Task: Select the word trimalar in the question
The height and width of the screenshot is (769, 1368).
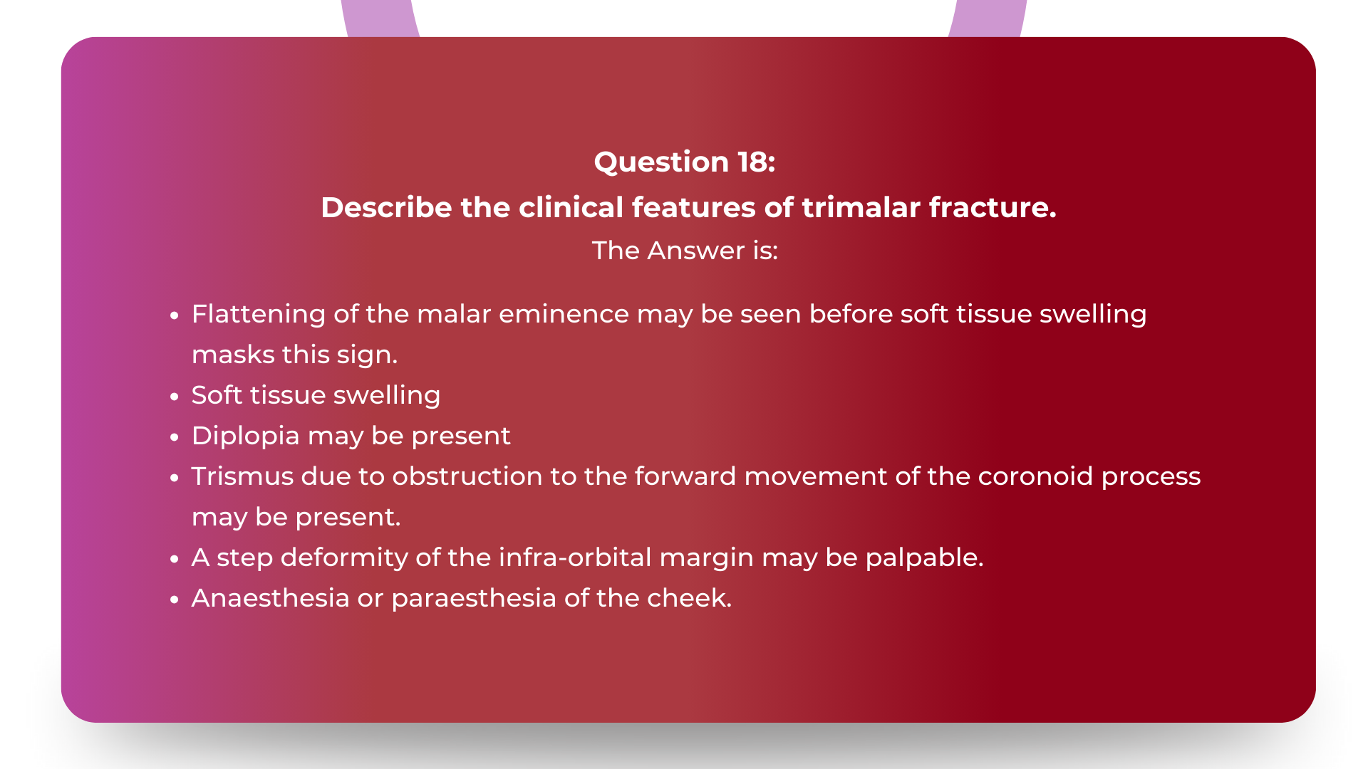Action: pos(860,208)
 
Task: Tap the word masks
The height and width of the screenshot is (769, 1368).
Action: pos(232,355)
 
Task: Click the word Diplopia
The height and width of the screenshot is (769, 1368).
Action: pos(245,436)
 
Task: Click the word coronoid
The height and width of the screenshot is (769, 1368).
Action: pos(1035,476)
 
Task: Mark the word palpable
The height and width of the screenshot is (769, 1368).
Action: pos(923,558)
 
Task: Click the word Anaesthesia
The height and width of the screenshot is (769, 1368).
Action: pos(270,598)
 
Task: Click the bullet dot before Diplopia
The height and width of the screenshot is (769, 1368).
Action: pos(175,437)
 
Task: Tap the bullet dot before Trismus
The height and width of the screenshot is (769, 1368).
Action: pos(175,478)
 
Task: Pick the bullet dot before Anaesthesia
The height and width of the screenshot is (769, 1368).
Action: pos(175,600)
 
